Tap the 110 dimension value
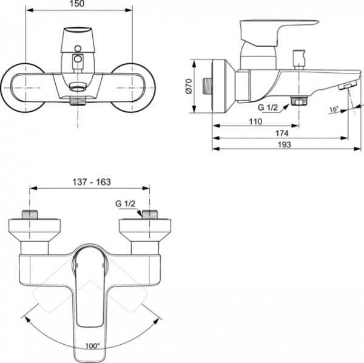255,121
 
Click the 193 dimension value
285,144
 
